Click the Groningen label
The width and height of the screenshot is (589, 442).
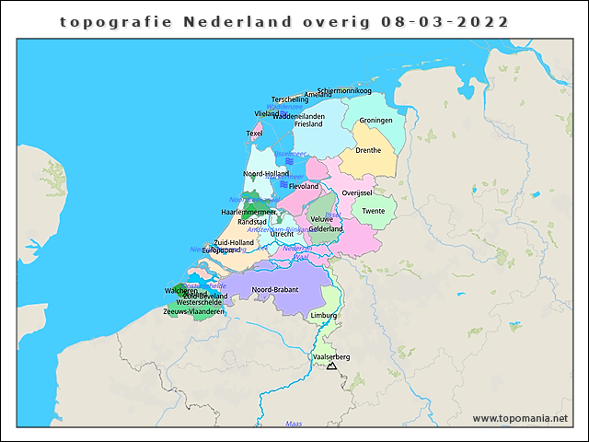click(375, 121)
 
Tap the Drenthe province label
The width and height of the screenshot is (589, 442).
click(368, 150)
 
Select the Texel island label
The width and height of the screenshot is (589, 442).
click(254, 134)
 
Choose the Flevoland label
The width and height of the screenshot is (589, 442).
click(304, 186)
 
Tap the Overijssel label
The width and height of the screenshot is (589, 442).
click(356, 192)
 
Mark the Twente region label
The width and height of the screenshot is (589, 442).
click(374, 211)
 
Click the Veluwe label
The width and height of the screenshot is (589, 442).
click(321, 219)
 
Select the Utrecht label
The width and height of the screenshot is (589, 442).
click(282, 234)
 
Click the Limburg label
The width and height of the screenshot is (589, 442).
click(324, 315)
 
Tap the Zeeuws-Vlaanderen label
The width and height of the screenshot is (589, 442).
click(193, 311)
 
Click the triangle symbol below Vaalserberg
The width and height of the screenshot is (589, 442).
click(331, 366)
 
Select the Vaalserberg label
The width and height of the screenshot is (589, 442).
click(331, 356)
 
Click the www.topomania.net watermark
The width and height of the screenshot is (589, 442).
click(520, 418)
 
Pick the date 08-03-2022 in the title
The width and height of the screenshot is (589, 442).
click(445, 21)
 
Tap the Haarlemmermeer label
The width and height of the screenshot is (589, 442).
click(249, 212)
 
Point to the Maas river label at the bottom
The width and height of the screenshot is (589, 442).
click(294, 424)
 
